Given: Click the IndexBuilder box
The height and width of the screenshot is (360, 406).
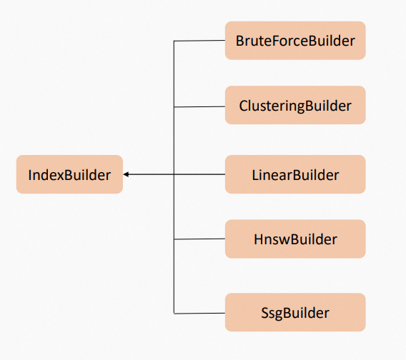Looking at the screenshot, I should click(x=69, y=174).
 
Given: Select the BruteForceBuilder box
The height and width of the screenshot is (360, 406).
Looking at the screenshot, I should click(x=295, y=41).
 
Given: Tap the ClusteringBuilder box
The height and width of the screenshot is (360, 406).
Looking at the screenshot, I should click(x=295, y=106).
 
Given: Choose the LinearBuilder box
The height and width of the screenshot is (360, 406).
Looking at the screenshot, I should click(x=295, y=174).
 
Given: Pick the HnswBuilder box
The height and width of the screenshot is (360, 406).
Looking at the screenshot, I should click(x=295, y=239).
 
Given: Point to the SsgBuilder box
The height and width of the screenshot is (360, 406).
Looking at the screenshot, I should click(x=295, y=312).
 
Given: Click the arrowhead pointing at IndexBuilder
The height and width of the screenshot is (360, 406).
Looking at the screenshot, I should click(x=126, y=174).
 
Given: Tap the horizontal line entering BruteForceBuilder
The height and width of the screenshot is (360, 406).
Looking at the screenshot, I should click(x=200, y=41).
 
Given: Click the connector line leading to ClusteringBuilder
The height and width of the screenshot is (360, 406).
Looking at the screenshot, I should click(x=200, y=106).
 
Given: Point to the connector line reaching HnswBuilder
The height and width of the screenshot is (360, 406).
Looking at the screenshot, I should click(x=200, y=239).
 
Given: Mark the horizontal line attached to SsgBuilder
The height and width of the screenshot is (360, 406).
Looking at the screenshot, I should click(x=200, y=312).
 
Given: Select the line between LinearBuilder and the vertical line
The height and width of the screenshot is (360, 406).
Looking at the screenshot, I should click(x=200, y=174).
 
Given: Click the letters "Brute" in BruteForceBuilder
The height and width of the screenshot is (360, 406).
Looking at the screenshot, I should click(x=253, y=41).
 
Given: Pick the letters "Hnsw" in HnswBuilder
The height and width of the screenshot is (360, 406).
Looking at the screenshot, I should click(x=269, y=239).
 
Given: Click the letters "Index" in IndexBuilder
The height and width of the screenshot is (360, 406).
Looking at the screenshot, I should click(x=45, y=175).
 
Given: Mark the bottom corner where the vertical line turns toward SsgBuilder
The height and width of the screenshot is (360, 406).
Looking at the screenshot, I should click(x=174, y=312).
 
